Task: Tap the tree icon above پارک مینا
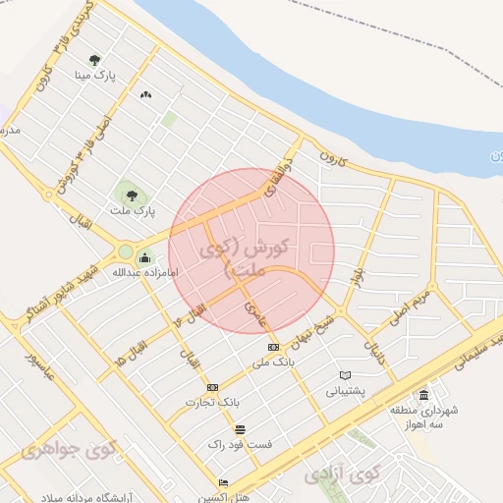[x=94, y=60]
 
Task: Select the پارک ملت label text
[x=132, y=209]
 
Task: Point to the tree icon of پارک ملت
[x=132, y=194]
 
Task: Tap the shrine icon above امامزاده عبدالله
[x=145, y=258]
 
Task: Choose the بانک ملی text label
[x=273, y=363]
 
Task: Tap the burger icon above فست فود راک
[x=240, y=429]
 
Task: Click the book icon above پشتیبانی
[x=345, y=375]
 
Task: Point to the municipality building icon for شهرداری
[x=423, y=395]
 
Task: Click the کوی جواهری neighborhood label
[x=68, y=450]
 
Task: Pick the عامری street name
[x=257, y=314]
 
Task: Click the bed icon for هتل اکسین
[x=224, y=483]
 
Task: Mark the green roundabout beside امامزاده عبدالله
[x=125, y=252]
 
